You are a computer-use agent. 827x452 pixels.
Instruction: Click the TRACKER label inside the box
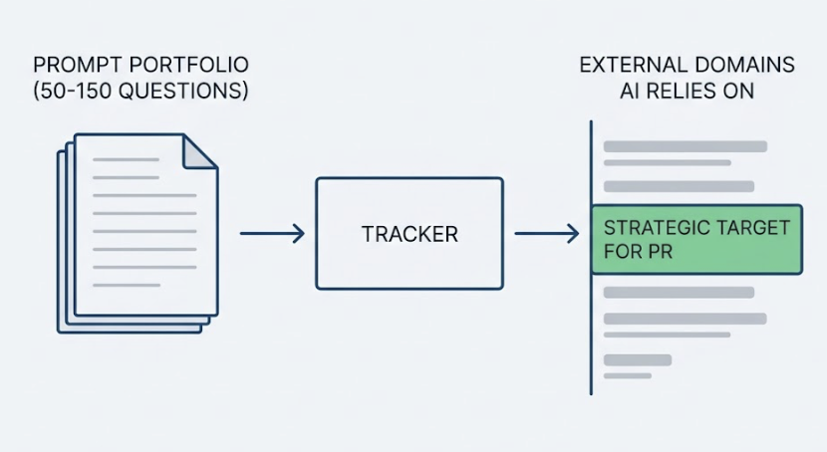coord(410,235)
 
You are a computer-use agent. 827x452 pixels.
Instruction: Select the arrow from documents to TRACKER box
coord(271,234)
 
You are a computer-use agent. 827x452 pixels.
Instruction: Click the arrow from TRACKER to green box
coord(546,234)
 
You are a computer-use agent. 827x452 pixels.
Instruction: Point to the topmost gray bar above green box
coord(685,146)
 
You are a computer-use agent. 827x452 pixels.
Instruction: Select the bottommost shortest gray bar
coord(627,375)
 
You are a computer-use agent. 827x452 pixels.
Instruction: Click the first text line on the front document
coord(126,159)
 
